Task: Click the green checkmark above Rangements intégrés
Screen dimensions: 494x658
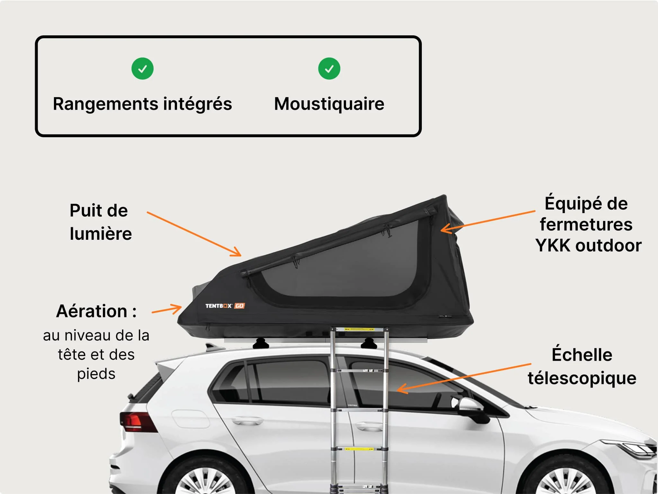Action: [x=142, y=68]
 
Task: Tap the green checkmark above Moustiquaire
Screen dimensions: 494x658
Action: [x=329, y=68]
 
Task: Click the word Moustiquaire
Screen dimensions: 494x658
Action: [x=329, y=104]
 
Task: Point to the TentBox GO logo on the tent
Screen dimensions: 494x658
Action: [x=225, y=306]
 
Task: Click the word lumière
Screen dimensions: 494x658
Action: [x=101, y=234]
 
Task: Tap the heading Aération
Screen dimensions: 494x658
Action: [x=92, y=311]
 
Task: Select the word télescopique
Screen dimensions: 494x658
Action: [x=582, y=378]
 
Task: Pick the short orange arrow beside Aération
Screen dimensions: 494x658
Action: [x=167, y=310]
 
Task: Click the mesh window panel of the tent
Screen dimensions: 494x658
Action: [x=347, y=267]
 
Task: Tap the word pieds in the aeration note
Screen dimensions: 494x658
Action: [x=96, y=374]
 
